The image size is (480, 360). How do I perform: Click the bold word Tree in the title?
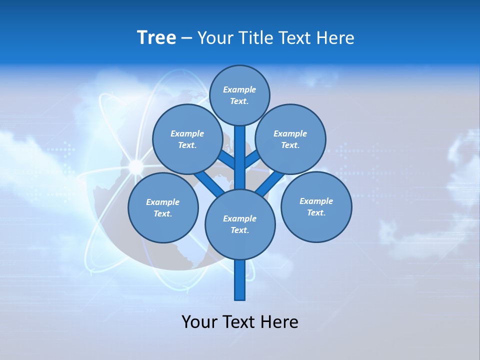[x=156, y=37]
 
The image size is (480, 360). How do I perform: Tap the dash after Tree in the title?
[x=186, y=38]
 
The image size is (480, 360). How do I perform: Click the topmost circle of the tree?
[x=239, y=95]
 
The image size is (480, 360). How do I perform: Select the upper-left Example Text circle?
[x=187, y=139]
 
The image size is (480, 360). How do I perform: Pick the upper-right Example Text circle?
[x=290, y=139]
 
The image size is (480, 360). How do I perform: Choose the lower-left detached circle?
[x=163, y=207]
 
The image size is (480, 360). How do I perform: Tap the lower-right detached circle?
[x=316, y=206]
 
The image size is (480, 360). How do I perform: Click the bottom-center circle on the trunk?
[x=240, y=224]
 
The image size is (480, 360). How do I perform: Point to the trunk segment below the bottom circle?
[x=240, y=280]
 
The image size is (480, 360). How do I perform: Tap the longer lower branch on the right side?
[x=270, y=184]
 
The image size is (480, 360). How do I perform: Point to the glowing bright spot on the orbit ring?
[x=135, y=166]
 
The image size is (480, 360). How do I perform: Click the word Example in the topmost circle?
[x=239, y=89]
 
